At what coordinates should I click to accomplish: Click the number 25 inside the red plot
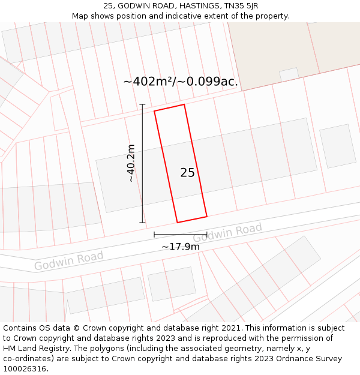point(187,173)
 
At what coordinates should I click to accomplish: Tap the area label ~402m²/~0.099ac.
point(181,82)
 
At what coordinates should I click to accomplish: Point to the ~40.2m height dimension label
point(131,163)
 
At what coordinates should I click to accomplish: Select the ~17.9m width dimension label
point(180,246)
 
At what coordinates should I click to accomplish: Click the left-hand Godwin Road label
point(68,260)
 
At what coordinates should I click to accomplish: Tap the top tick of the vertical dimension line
point(142,104)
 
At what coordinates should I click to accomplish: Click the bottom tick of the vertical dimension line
point(142,223)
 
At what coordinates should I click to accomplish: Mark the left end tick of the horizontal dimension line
point(154,234)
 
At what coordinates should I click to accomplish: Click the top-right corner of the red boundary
point(184,104)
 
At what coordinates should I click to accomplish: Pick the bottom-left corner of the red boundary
point(176,223)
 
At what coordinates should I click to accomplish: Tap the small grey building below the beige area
point(289,74)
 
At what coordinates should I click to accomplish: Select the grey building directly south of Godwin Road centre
point(172,283)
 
